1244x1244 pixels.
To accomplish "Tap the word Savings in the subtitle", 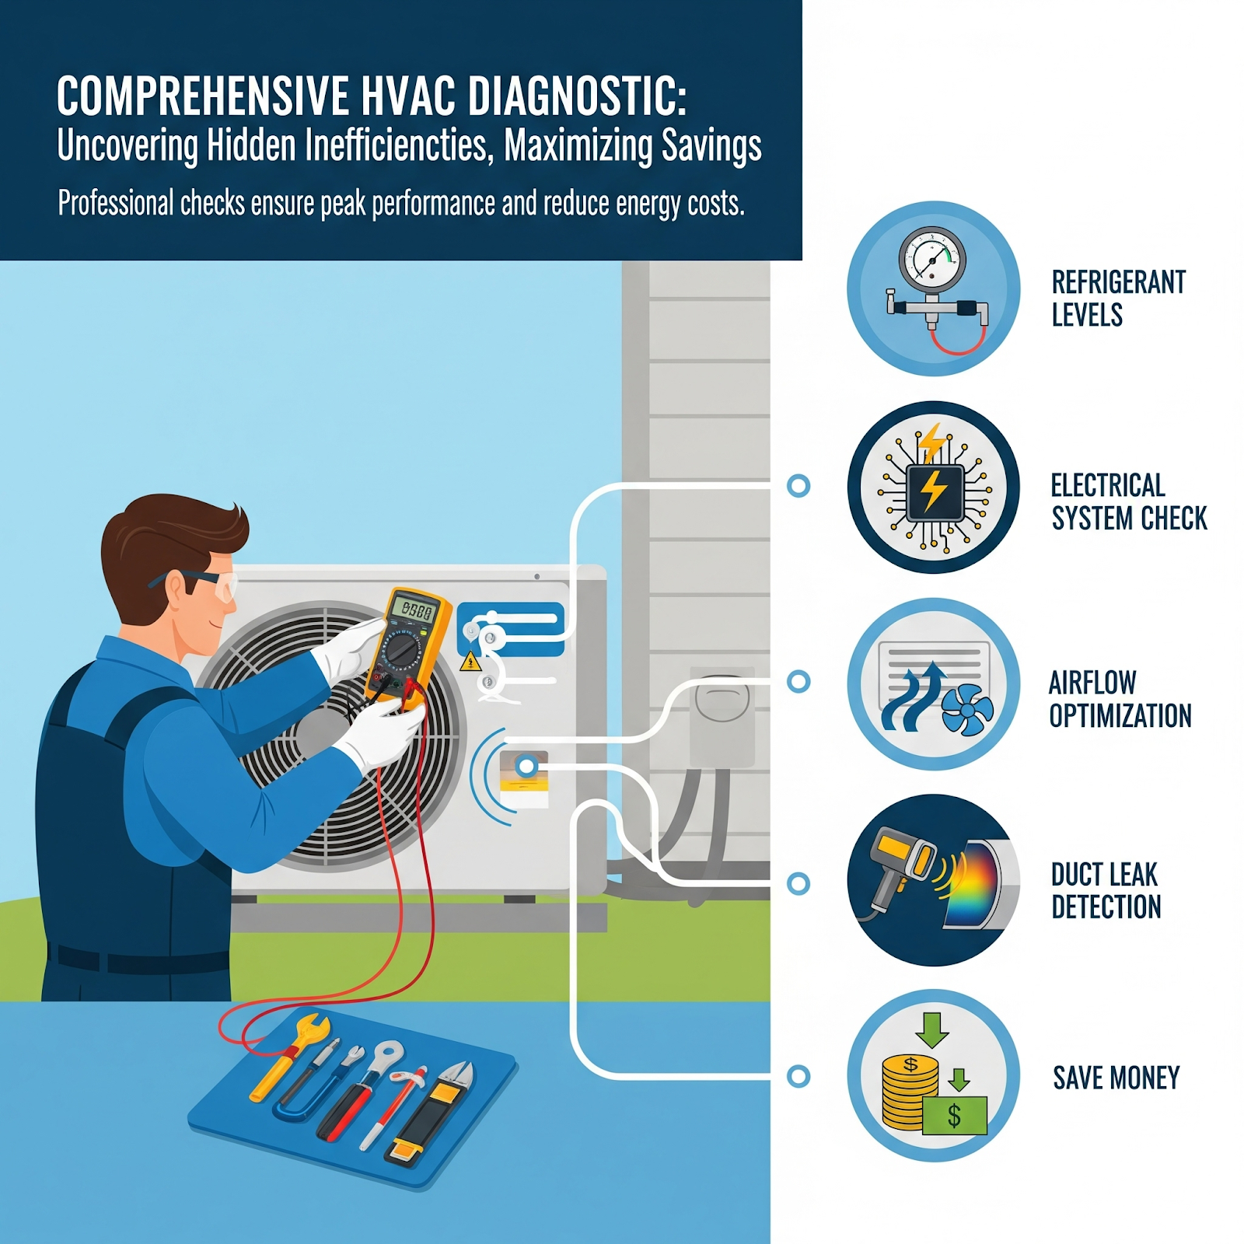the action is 711,146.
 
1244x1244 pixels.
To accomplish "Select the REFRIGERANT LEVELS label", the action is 1119,299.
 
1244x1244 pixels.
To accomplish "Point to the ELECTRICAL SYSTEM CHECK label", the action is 1129,501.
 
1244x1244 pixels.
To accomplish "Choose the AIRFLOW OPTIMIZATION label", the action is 1120,699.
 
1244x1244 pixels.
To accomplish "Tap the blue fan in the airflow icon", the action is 967,710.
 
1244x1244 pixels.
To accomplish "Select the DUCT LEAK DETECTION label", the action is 1106,891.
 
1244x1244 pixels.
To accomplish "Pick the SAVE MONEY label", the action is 1116,1078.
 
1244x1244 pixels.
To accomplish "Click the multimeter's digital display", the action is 413,609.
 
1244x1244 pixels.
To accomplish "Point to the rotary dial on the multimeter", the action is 403,650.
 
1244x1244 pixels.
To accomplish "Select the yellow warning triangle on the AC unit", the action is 470,662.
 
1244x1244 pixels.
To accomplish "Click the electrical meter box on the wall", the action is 722,716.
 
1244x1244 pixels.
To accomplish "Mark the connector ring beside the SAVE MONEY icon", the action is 798,1076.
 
